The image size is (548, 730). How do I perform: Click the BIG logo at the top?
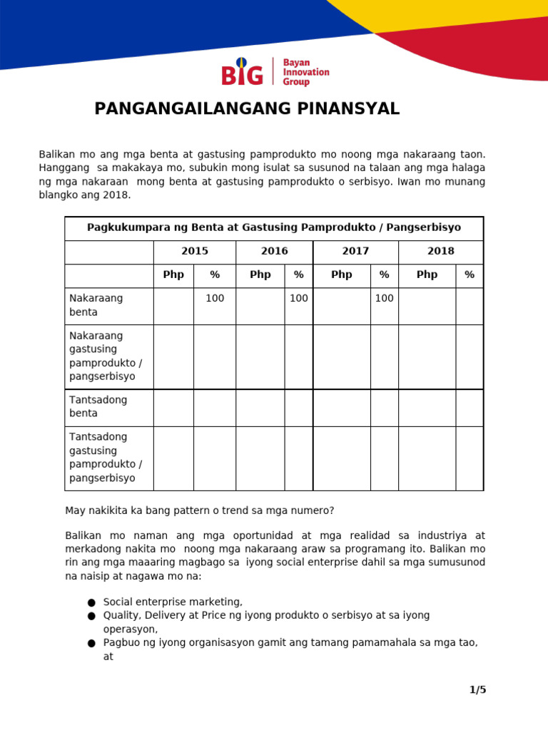243,72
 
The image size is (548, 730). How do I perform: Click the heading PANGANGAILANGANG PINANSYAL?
247,109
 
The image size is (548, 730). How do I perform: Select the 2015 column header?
195,252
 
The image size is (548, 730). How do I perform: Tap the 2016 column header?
274,252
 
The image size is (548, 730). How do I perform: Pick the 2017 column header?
355,252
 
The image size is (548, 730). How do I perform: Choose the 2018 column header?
440,252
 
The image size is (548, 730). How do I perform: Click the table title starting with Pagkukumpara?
274,228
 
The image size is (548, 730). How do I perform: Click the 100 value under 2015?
215,299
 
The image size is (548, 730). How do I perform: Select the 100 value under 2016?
298,299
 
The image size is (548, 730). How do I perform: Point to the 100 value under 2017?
384,299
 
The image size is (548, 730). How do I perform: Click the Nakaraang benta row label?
96,305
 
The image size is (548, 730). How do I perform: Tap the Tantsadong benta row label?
98,406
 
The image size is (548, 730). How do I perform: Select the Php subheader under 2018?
427,275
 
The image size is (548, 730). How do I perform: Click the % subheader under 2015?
215,275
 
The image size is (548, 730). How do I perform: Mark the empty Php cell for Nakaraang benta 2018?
427,306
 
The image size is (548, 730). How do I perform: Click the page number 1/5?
477,689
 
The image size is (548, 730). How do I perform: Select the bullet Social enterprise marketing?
173,602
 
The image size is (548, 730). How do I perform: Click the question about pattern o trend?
200,510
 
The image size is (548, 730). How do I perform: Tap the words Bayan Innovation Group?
306,72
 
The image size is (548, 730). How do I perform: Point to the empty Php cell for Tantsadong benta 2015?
173,408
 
